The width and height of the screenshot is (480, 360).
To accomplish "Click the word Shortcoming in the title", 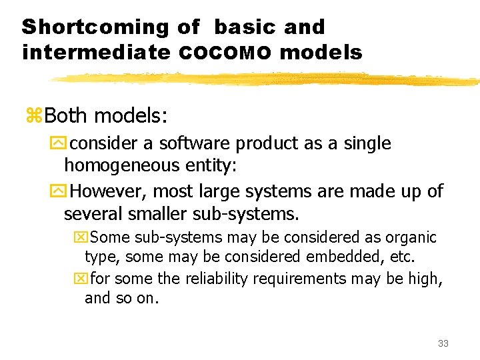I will [96, 27].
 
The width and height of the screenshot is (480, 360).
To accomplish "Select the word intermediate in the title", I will [96, 53].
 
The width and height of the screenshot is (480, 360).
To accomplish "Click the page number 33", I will [443, 343].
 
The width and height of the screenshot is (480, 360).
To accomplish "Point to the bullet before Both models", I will [34, 116].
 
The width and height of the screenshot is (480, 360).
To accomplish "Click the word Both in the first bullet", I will [65, 116].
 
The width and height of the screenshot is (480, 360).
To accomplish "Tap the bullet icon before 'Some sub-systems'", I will [81, 238].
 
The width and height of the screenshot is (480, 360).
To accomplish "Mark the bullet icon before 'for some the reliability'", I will [81, 279].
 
